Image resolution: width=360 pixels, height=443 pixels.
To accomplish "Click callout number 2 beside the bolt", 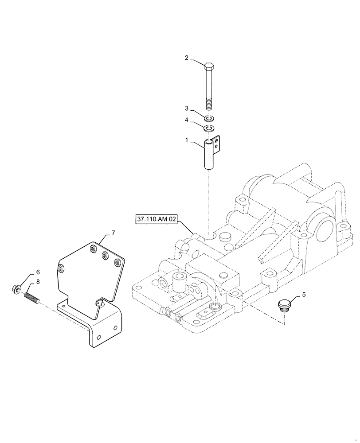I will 187,58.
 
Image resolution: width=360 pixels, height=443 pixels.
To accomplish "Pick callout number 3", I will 187,109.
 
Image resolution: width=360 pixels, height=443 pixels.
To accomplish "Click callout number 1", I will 187,140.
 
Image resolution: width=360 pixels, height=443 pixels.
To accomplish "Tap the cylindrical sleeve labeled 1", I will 209,155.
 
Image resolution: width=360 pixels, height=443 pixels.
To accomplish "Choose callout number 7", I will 113,233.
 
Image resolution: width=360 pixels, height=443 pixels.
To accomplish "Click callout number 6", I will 38,272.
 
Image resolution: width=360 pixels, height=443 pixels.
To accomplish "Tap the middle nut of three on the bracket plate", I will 105,255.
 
